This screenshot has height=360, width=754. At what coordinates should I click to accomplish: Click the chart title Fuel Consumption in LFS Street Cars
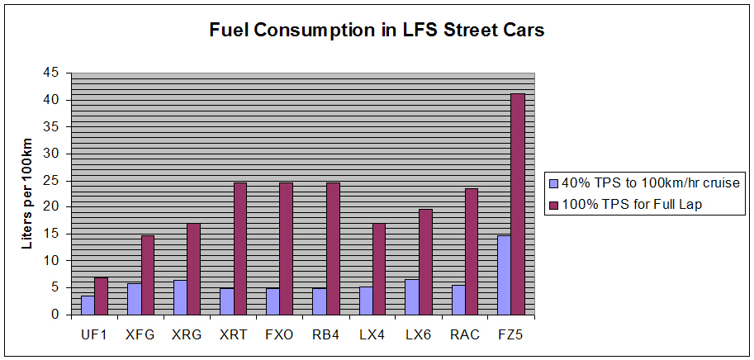point(377,31)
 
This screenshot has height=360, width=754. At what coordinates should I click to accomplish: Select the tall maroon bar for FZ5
point(518,204)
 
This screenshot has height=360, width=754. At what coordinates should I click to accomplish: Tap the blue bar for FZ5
point(504,275)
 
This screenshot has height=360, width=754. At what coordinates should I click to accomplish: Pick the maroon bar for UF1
point(101,296)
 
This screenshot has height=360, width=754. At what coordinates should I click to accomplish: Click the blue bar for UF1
point(88,305)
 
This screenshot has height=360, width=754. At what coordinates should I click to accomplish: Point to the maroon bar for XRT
point(239,249)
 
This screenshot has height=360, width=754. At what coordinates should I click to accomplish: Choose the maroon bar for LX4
point(378,269)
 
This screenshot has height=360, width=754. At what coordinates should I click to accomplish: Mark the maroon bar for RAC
point(471,252)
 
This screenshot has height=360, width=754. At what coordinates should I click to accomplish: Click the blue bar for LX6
point(411,296)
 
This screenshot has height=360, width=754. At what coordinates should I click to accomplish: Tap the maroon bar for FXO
point(286,249)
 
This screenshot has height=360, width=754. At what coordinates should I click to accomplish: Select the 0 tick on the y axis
point(55,315)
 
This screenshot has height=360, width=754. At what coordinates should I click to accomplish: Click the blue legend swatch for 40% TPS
point(553,182)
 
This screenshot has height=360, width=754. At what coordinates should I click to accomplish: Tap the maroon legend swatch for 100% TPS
point(553,204)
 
